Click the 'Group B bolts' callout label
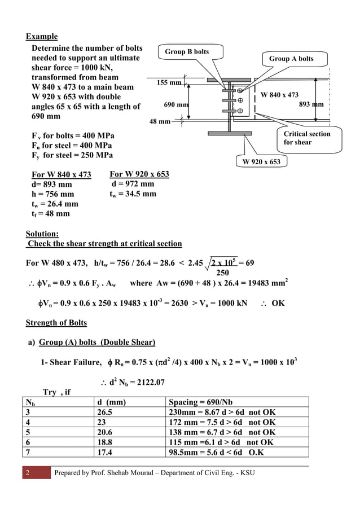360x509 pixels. tap(186, 52)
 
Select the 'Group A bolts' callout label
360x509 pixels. tap(291, 59)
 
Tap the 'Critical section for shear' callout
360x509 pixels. tap(306, 138)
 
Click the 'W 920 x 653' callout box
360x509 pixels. tap(261, 163)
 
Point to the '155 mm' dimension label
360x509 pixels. tap(169, 83)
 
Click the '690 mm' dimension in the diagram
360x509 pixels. tap(175, 105)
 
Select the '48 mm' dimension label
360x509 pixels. tap(160, 121)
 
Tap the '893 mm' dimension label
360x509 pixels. tap(311, 104)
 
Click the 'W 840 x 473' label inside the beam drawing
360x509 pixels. tap(279, 95)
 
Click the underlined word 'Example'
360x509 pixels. tap(42, 37)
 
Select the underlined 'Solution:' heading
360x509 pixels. tap(42, 234)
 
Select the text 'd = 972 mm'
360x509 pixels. tap(133, 184)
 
